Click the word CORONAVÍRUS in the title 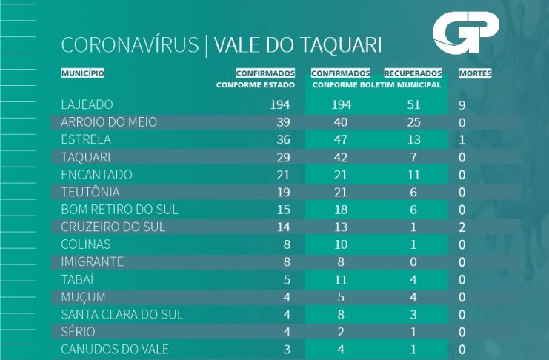(130, 45)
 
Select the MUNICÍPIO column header (83, 73)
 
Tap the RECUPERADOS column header (413, 73)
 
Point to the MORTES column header (475, 73)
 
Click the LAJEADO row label (87, 105)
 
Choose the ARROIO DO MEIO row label (109, 121)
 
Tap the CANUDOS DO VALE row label (115, 349)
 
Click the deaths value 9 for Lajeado (462, 106)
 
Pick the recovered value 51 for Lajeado (413, 105)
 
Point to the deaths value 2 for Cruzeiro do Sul (462, 227)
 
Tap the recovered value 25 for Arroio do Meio (413, 121)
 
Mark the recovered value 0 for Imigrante (414, 261)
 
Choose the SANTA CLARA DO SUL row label (122, 314)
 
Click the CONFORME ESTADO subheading (256, 84)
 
